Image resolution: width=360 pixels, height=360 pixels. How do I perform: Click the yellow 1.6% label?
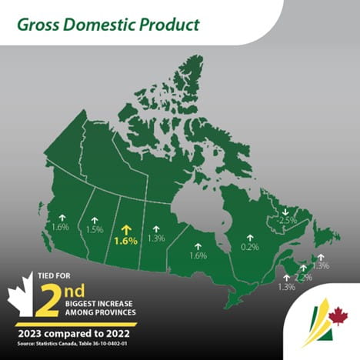[x=125, y=241]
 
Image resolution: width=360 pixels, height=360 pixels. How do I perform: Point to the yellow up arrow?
[x=125, y=228]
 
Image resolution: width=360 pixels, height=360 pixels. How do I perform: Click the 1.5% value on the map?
[x=95, y=230]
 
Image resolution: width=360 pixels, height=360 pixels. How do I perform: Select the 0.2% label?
[x=249, y=248]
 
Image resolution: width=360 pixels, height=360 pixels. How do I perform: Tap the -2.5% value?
[x=288, y=221]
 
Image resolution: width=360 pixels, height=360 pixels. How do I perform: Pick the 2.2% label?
[x=303, y=277]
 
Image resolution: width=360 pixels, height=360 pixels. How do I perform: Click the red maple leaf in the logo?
[x=337, y=317]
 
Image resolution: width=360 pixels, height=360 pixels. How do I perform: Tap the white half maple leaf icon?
[x=18, y=300]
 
